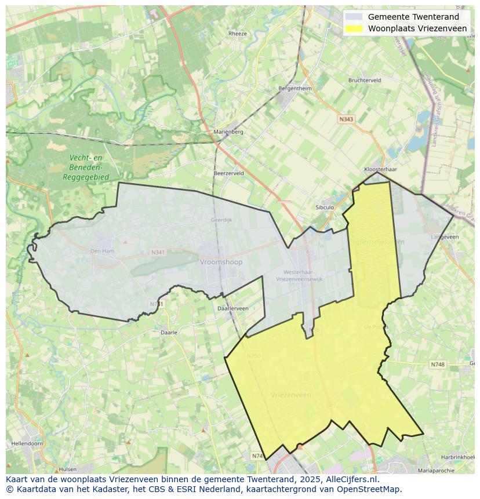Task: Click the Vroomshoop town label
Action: [221, 262]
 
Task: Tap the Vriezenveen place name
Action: [290, 395]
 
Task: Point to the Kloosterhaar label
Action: [380, 169]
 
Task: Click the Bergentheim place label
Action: [295, 89]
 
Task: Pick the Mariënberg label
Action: [228, 132]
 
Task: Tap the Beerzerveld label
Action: [228, 173]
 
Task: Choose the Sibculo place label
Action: [325, 207]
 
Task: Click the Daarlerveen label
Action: [232, 309]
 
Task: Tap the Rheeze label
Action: [237, 34]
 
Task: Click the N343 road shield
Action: [346, 119]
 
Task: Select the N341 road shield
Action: [157, 253]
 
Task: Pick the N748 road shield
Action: [438, 365]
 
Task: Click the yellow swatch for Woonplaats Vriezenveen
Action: [353, 28]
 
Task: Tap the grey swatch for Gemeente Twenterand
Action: [353, 17]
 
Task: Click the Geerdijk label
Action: [221, 220]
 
